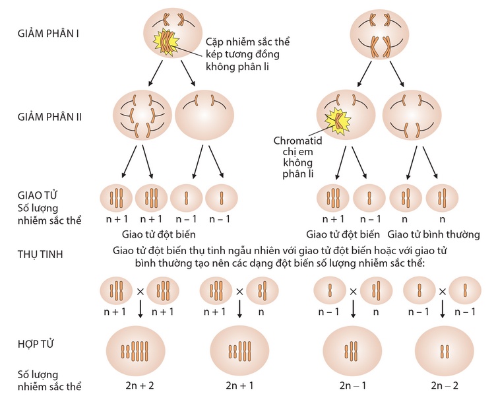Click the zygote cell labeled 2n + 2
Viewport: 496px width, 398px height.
coord(140,348)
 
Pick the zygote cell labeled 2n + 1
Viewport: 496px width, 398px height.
coord(241,348)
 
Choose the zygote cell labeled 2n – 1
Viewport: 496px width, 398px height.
coord(352,348)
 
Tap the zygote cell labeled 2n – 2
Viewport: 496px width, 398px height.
coord(443,348)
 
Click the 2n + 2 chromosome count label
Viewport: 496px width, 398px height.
coord(140,384)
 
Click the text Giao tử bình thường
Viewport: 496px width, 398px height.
coord(433,234)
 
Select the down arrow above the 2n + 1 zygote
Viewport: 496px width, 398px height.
coord(241,310)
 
